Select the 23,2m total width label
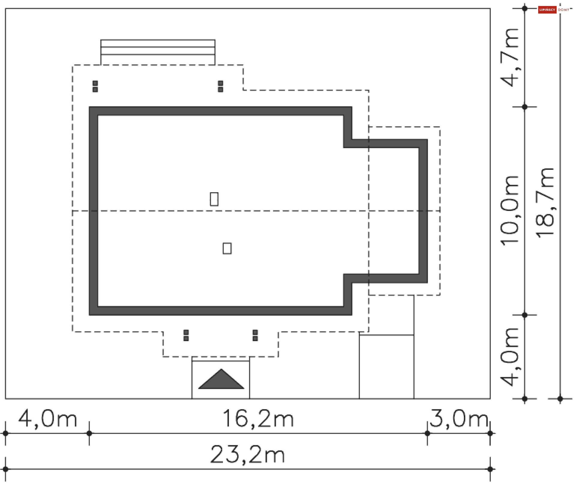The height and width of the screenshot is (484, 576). pos(247,454)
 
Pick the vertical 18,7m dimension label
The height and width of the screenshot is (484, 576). pos(545,203)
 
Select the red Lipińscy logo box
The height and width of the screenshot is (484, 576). pos(547,10)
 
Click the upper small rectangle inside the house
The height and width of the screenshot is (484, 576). pos(214,199)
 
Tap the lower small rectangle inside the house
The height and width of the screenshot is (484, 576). pos(227,248)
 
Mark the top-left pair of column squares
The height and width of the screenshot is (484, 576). pos(95,86)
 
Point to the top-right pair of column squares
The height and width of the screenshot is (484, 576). pos(220,86)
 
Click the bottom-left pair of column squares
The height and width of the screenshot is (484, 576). pos(186,335)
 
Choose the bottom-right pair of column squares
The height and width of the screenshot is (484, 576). pos(255,335)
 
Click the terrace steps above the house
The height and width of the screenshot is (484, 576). pos(158,52)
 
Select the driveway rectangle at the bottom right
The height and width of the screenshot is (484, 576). pos(387,367)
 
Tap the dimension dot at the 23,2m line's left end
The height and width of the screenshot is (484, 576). pos(5,469)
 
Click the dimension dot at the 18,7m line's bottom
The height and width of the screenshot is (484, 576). pos(560,399)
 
